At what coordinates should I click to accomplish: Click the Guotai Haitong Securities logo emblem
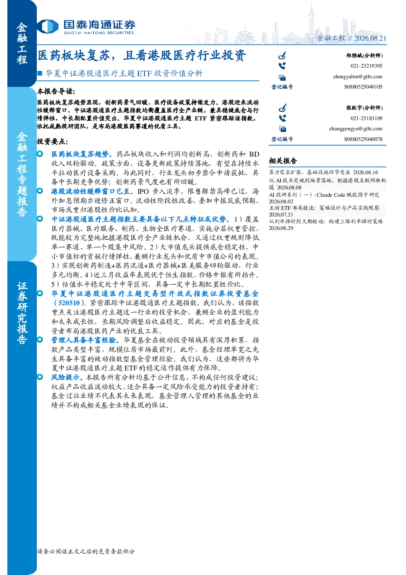click(47, 26)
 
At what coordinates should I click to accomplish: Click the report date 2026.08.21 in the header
click(370, 38)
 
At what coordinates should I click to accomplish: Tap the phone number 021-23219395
click(366, 66)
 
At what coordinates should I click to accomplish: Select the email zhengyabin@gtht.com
click(358, 77)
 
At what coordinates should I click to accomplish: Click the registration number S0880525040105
click(363, 87)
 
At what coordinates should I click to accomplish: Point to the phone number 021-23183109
click(366, 118)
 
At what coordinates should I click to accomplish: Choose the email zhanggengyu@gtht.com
click(356, 129)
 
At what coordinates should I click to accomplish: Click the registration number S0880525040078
click(363, 139)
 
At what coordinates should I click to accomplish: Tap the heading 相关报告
click(283, 161)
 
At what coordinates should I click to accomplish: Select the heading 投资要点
click(52, 141)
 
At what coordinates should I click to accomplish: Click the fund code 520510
click(69, 303)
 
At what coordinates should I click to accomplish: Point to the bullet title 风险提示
click(67, 377)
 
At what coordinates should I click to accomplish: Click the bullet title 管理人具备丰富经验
click(85, 340)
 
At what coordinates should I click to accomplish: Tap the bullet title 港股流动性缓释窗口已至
click(92, 191)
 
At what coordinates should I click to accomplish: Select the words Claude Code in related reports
click(331, 195)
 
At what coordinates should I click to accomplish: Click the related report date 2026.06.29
click(281, 228)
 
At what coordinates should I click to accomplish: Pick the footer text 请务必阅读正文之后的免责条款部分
click(86, 551)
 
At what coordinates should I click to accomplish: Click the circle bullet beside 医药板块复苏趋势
click(40, 154)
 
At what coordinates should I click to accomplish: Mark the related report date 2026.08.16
click(365, 173)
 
